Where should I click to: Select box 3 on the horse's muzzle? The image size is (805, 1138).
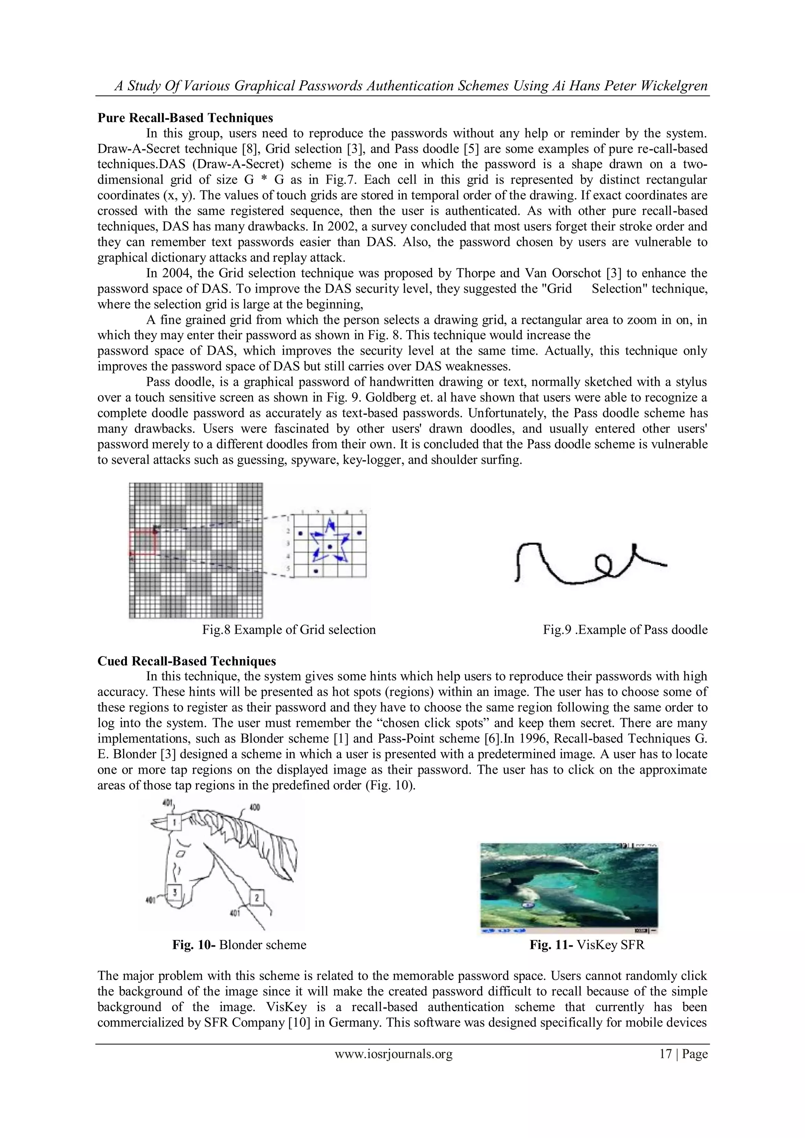174,892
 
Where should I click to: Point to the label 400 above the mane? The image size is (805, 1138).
255,807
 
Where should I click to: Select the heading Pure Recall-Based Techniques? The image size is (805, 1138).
185,118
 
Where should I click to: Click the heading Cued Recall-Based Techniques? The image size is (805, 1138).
186,661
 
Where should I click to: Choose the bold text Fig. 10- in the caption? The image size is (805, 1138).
193,945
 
